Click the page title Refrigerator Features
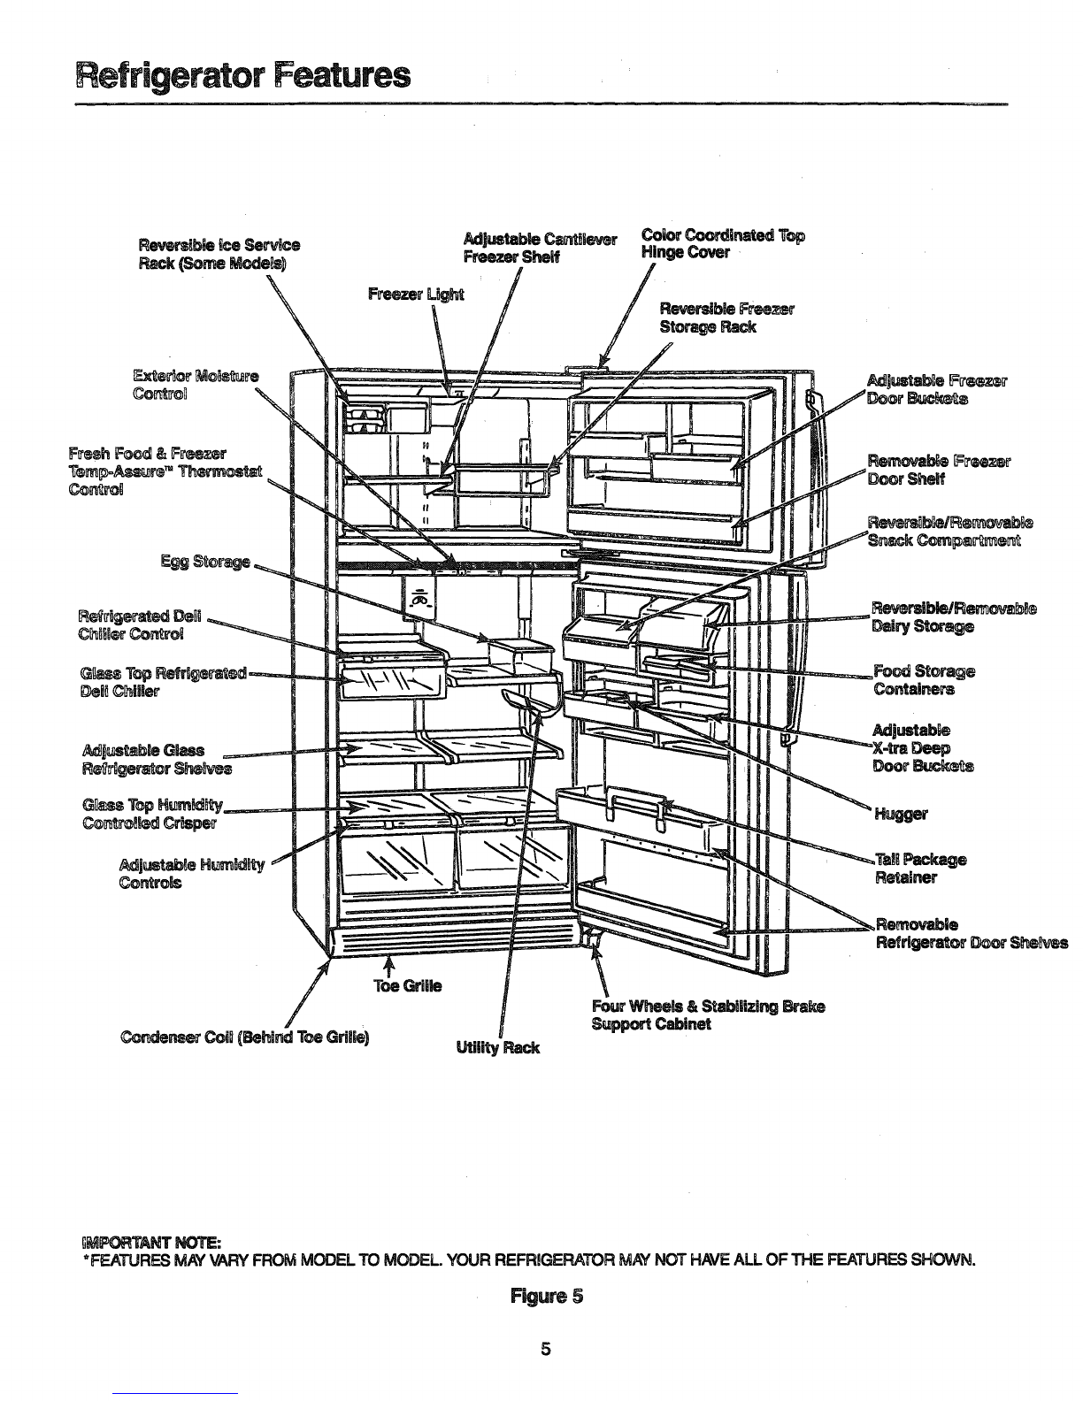click(243, 76)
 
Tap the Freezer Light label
click(416, 295)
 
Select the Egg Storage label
click(205, 563)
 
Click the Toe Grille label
click(408, 985)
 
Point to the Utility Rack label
click(497, 1048)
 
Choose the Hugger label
click(901, 815)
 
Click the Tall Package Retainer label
click(920, 869)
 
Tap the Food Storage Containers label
click(924, 680)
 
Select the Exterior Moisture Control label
click(196, 384)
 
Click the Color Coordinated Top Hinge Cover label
click(723, 243)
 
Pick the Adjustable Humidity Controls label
click(192, 874)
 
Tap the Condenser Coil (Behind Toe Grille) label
click(244, 1037)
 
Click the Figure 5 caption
click(546, 1295)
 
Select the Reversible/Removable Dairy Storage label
click(954, 617)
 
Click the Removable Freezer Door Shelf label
click(939, 470)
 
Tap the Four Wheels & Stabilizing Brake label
click(708, 1006)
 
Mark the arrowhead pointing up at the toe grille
click(388, 961)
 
